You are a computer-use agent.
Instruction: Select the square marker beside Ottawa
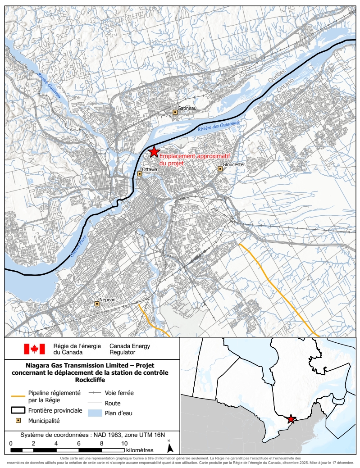tap(139, 174)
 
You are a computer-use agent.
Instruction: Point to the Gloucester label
tap(234, 165)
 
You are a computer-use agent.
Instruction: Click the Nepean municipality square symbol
tap(97, 304)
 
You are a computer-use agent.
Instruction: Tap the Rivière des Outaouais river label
tap(219, 126)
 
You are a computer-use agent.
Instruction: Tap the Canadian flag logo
tap(34, 349)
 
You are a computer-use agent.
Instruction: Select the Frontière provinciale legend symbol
tap(17, 410)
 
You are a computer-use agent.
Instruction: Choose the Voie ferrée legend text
tap(119, 393)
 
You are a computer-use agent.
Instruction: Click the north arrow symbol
tap(170, 447)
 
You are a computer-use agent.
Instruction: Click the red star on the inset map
tap(291, 419)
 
